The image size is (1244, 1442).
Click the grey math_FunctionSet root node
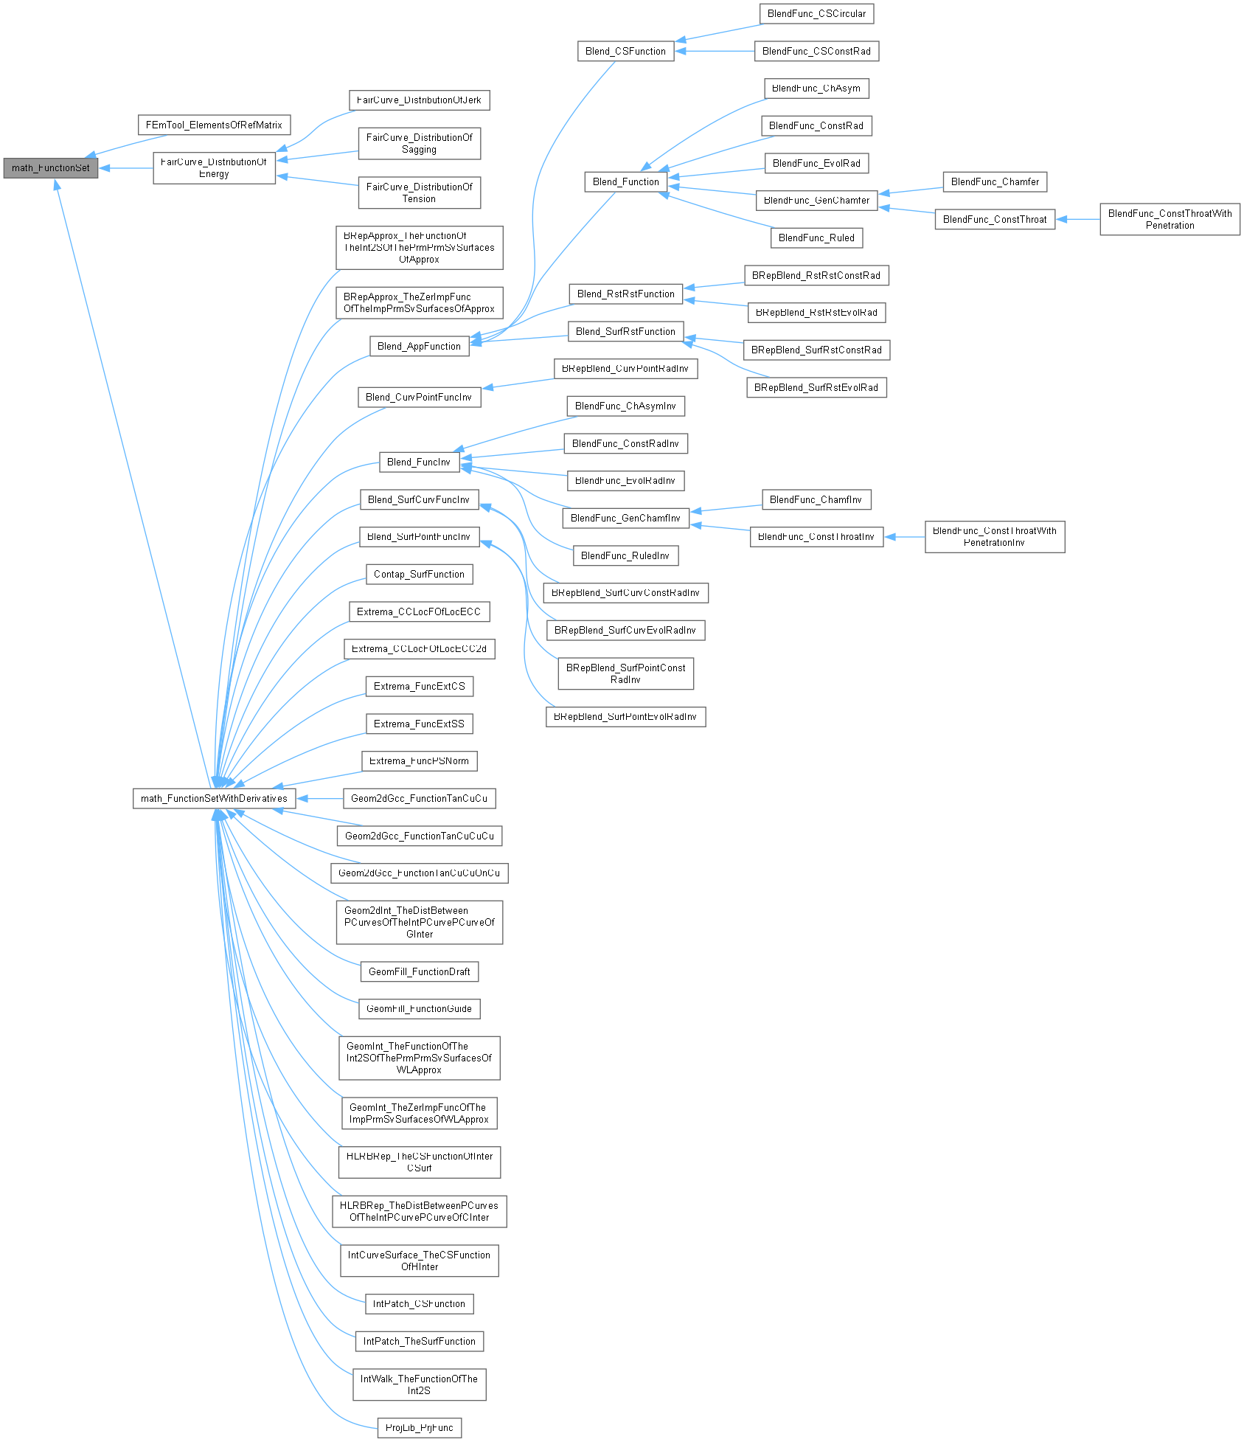pyautogui.click(x=51, y=168)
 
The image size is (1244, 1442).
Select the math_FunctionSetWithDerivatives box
pyautogui.click(x=214, y=799)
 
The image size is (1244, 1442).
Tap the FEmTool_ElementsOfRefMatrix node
pyautogui.click(x=214, y=125)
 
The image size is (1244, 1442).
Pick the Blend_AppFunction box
pyautogui.click(x=419, y=347)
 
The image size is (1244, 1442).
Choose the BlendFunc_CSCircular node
pyautogui.click(x=816, y=14)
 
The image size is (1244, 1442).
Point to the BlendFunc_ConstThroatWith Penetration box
pyautogui.click(x=1170, y=220)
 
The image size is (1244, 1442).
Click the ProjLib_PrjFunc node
pyautogui.click(x=419, y=1428)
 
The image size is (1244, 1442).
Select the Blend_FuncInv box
pyautogui.click(x=419, y=462)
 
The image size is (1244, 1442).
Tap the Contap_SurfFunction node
pyautogui.click(x=419, y=575)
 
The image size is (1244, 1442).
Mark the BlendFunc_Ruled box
pyautogui.click(x=816, y=238)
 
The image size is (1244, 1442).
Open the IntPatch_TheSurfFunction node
pyautogui.click(x=419, y=1342)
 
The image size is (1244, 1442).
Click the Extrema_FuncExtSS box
pyautogui.click(x=419, y=724)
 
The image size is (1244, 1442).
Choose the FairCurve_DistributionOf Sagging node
pyautogui.click(x=419, y=144)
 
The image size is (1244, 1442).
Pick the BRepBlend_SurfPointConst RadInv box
pyautogui.click(x=625, y=674)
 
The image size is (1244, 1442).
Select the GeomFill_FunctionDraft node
pyautogui.click(x=419, y=972)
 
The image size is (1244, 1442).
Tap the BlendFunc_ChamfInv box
pyautogui.click(x=816, y=500)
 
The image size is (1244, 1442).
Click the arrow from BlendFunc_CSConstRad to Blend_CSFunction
pyautogui.click(x=714, y=52)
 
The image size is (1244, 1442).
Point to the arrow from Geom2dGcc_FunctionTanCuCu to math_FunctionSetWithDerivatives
pyautogui.click(x=319, y=799)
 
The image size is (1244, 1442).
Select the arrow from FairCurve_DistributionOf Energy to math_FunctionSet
pyautogui.click(x=125, y=168)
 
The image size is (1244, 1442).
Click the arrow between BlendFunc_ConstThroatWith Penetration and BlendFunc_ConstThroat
pyautogui.click(x=1077, y=219)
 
